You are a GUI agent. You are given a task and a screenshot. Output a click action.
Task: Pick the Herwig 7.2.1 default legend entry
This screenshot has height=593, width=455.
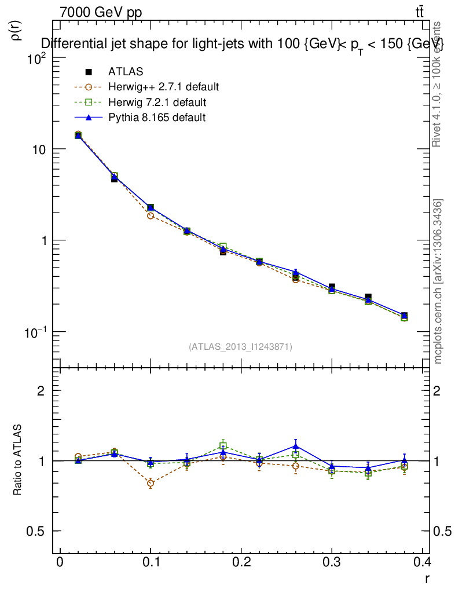coord(157,103)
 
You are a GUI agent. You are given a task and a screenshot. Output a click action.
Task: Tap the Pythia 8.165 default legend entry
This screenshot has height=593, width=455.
coord(156,118)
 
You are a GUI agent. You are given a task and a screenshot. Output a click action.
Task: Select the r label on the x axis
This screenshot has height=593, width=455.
coord(427,577)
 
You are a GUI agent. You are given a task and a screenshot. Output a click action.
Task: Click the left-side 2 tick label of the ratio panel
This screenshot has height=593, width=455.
coord(41,391)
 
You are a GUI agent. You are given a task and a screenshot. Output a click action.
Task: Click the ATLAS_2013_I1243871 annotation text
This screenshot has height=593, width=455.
coord(240,347)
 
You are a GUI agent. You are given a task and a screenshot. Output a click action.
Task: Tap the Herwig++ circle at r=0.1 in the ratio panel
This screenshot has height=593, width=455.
coord(151,483)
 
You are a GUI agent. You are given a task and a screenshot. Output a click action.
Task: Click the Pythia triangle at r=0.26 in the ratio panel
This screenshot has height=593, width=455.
coord(296,446)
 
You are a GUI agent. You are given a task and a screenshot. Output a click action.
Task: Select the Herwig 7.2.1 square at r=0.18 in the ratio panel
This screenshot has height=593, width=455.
coord(223,446)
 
